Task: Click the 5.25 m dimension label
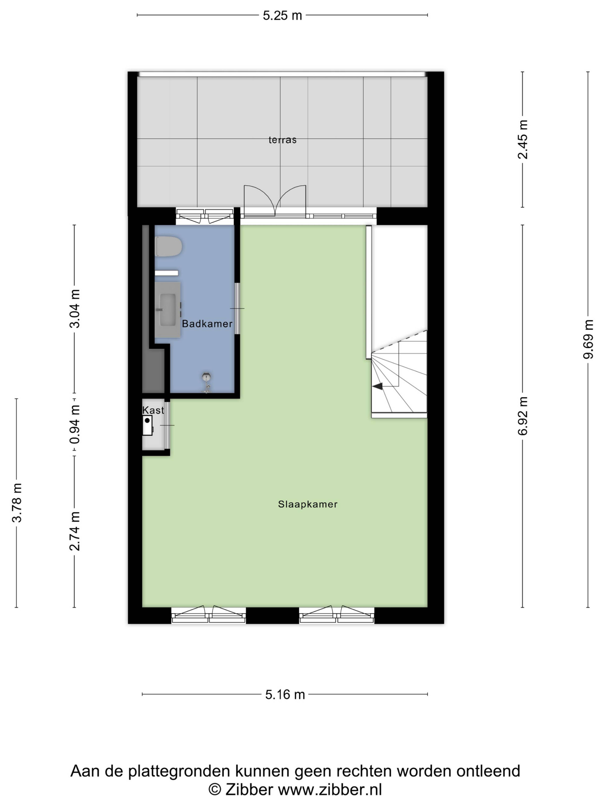tap(282, 16)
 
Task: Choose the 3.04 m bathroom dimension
tap(75, 309)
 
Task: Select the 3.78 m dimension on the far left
tap(17, 503)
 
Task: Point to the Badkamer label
tap(207, 324)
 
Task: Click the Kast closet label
tap(153, 410)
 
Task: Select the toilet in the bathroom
tap(168, 247)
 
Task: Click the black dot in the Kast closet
tap(147, 420)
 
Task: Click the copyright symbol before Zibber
tap(215, 790)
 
